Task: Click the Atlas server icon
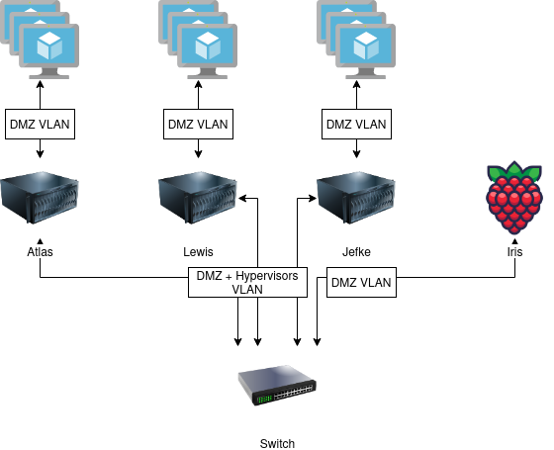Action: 40,198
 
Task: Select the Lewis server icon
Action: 198,198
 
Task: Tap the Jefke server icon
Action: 356,198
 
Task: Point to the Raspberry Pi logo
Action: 514,198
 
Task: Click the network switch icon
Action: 277,386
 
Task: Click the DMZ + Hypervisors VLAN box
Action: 247,282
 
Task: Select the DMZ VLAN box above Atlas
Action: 40,124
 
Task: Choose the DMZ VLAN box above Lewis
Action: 198,124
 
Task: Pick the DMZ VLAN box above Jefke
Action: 356,124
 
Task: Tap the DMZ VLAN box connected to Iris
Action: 361,282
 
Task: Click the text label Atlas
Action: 40,252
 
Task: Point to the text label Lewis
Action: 198,252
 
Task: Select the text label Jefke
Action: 356,252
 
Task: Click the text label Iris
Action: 514,252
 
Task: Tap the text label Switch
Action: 277,444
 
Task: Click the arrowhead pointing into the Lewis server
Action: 242,198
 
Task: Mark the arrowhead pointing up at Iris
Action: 514,242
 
